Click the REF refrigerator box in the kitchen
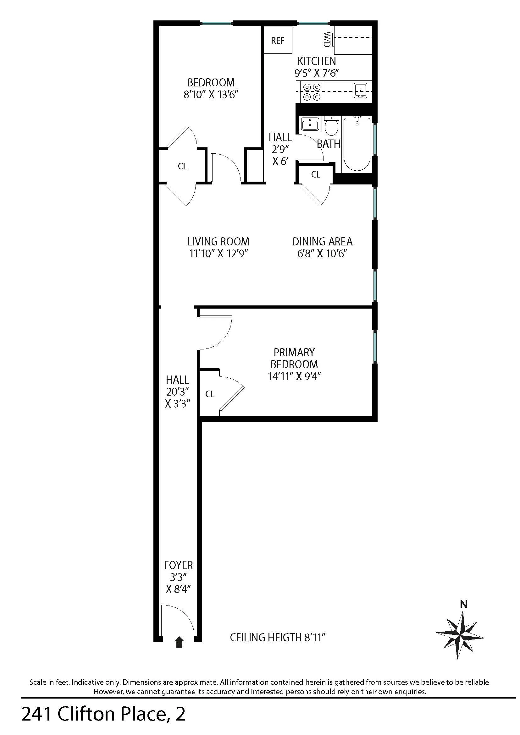277,40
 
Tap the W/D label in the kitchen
327,39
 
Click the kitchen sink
361,91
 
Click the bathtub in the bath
357,144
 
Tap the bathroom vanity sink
310,124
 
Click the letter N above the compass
463,604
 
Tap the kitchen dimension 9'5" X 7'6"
316,73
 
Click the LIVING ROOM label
219,241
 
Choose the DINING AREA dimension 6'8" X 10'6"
322,254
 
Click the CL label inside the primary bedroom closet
210,394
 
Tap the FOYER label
178,565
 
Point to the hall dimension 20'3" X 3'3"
178,397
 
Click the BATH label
329,144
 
